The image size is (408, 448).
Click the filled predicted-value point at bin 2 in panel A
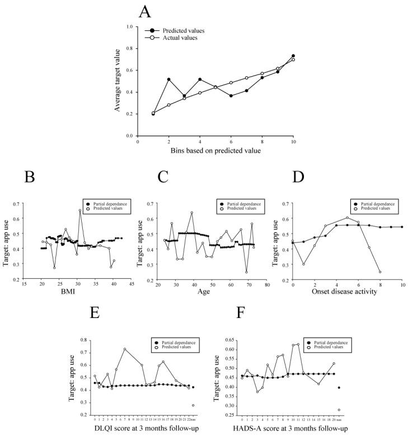(x=168, y=80)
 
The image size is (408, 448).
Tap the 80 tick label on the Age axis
(x=267, y=284)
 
